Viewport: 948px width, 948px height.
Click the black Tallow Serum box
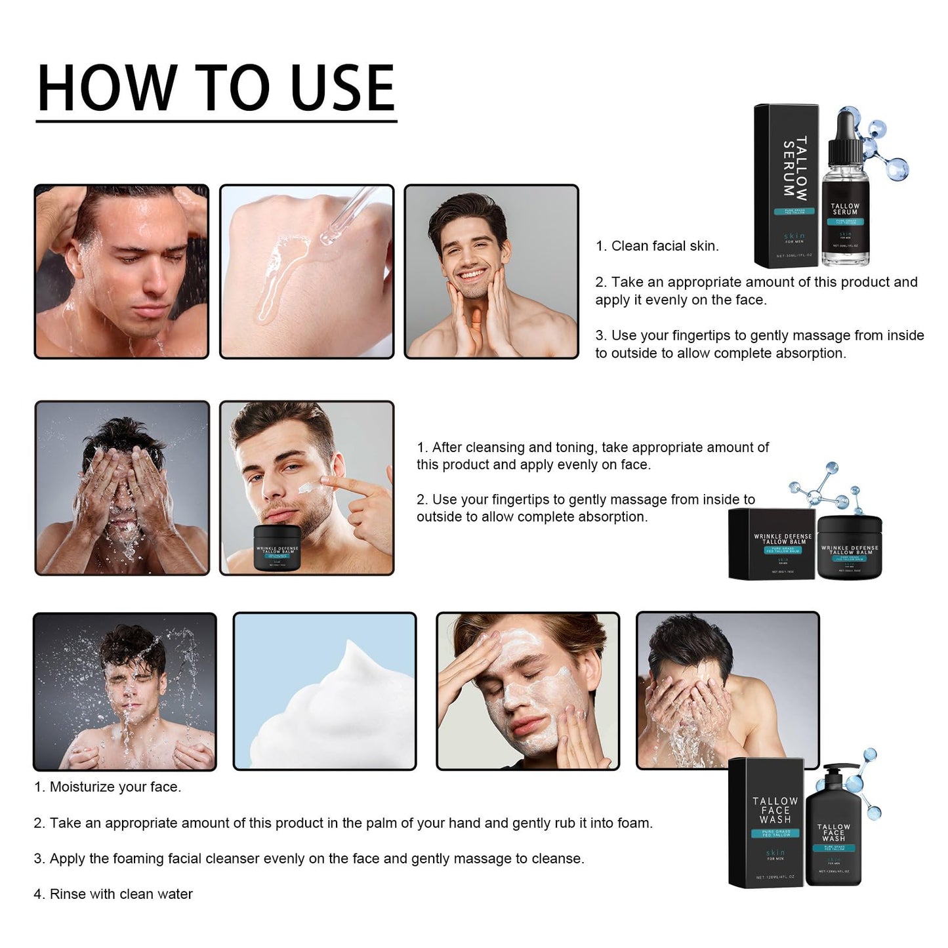pyautogui.click(x=786, y=186)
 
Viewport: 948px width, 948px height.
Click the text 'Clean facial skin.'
pyautogui.click(x=664, y=246)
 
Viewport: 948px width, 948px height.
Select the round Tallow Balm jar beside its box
pyautogui.click(x=849, y=548)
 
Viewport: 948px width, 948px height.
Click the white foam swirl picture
pyautogui.click(x=325, y=691)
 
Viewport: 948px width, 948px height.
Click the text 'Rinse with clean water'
pyautogui.click(x=121, y=894)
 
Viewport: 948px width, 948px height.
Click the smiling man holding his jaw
pyautogui.click(x=491, y=272)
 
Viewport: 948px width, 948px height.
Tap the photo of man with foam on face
pyautogui.click(x=527, y=691)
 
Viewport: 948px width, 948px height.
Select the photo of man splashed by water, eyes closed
pyautogui.click(x=125, y=691)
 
